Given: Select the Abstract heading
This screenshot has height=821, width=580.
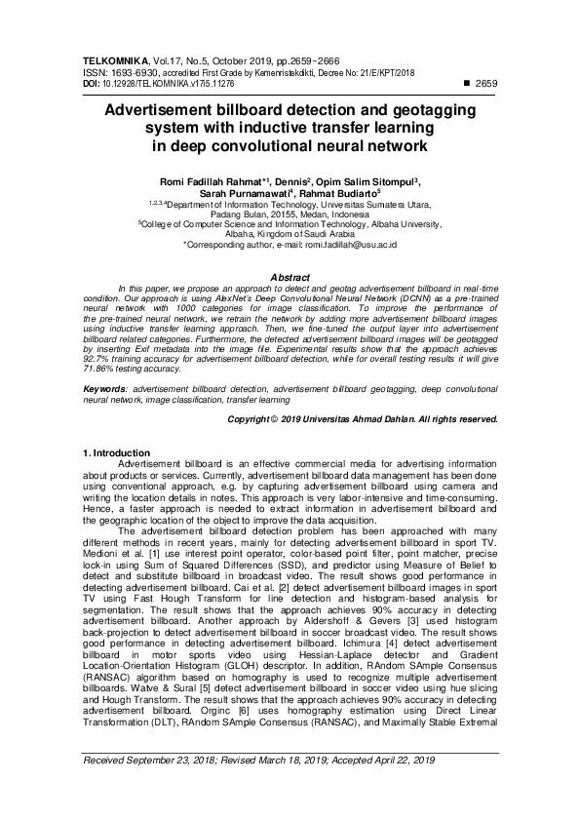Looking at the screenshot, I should [x=290, y=278].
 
